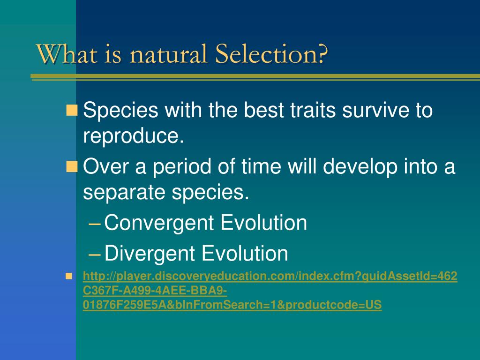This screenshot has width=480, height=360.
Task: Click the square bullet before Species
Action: (72, 110)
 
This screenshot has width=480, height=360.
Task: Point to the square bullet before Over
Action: (72, 166)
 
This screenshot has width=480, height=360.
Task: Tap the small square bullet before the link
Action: (69, 276)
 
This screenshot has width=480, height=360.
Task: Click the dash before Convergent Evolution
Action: (94, 224)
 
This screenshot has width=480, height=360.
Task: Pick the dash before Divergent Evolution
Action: (94, 255)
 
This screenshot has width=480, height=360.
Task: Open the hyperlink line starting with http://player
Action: (270, 277)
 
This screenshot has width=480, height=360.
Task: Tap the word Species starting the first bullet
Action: (120, 110)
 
